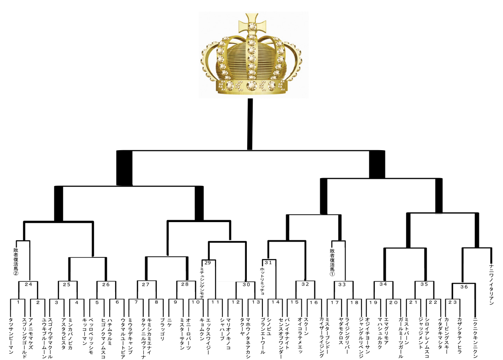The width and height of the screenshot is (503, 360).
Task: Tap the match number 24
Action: [x=28, y=284]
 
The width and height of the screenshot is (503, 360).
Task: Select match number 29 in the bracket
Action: [x=207, y=263]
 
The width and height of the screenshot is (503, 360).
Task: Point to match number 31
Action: [x=268, y=263]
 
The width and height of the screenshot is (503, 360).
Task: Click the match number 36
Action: [x=464, y=287]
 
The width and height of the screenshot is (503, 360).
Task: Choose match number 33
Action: [x=342, y=284]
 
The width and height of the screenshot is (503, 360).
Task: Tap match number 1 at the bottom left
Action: [x=18, y=302]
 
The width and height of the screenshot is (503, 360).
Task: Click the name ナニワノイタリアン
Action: [x=491, y=285]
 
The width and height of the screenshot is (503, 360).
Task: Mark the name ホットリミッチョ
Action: [x=261, y=281]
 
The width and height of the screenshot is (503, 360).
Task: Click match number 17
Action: [x=334, y=302]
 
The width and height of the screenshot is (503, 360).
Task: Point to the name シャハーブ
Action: [x=222, y=325]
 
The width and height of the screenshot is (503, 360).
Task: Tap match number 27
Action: [x=146, y=284]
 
